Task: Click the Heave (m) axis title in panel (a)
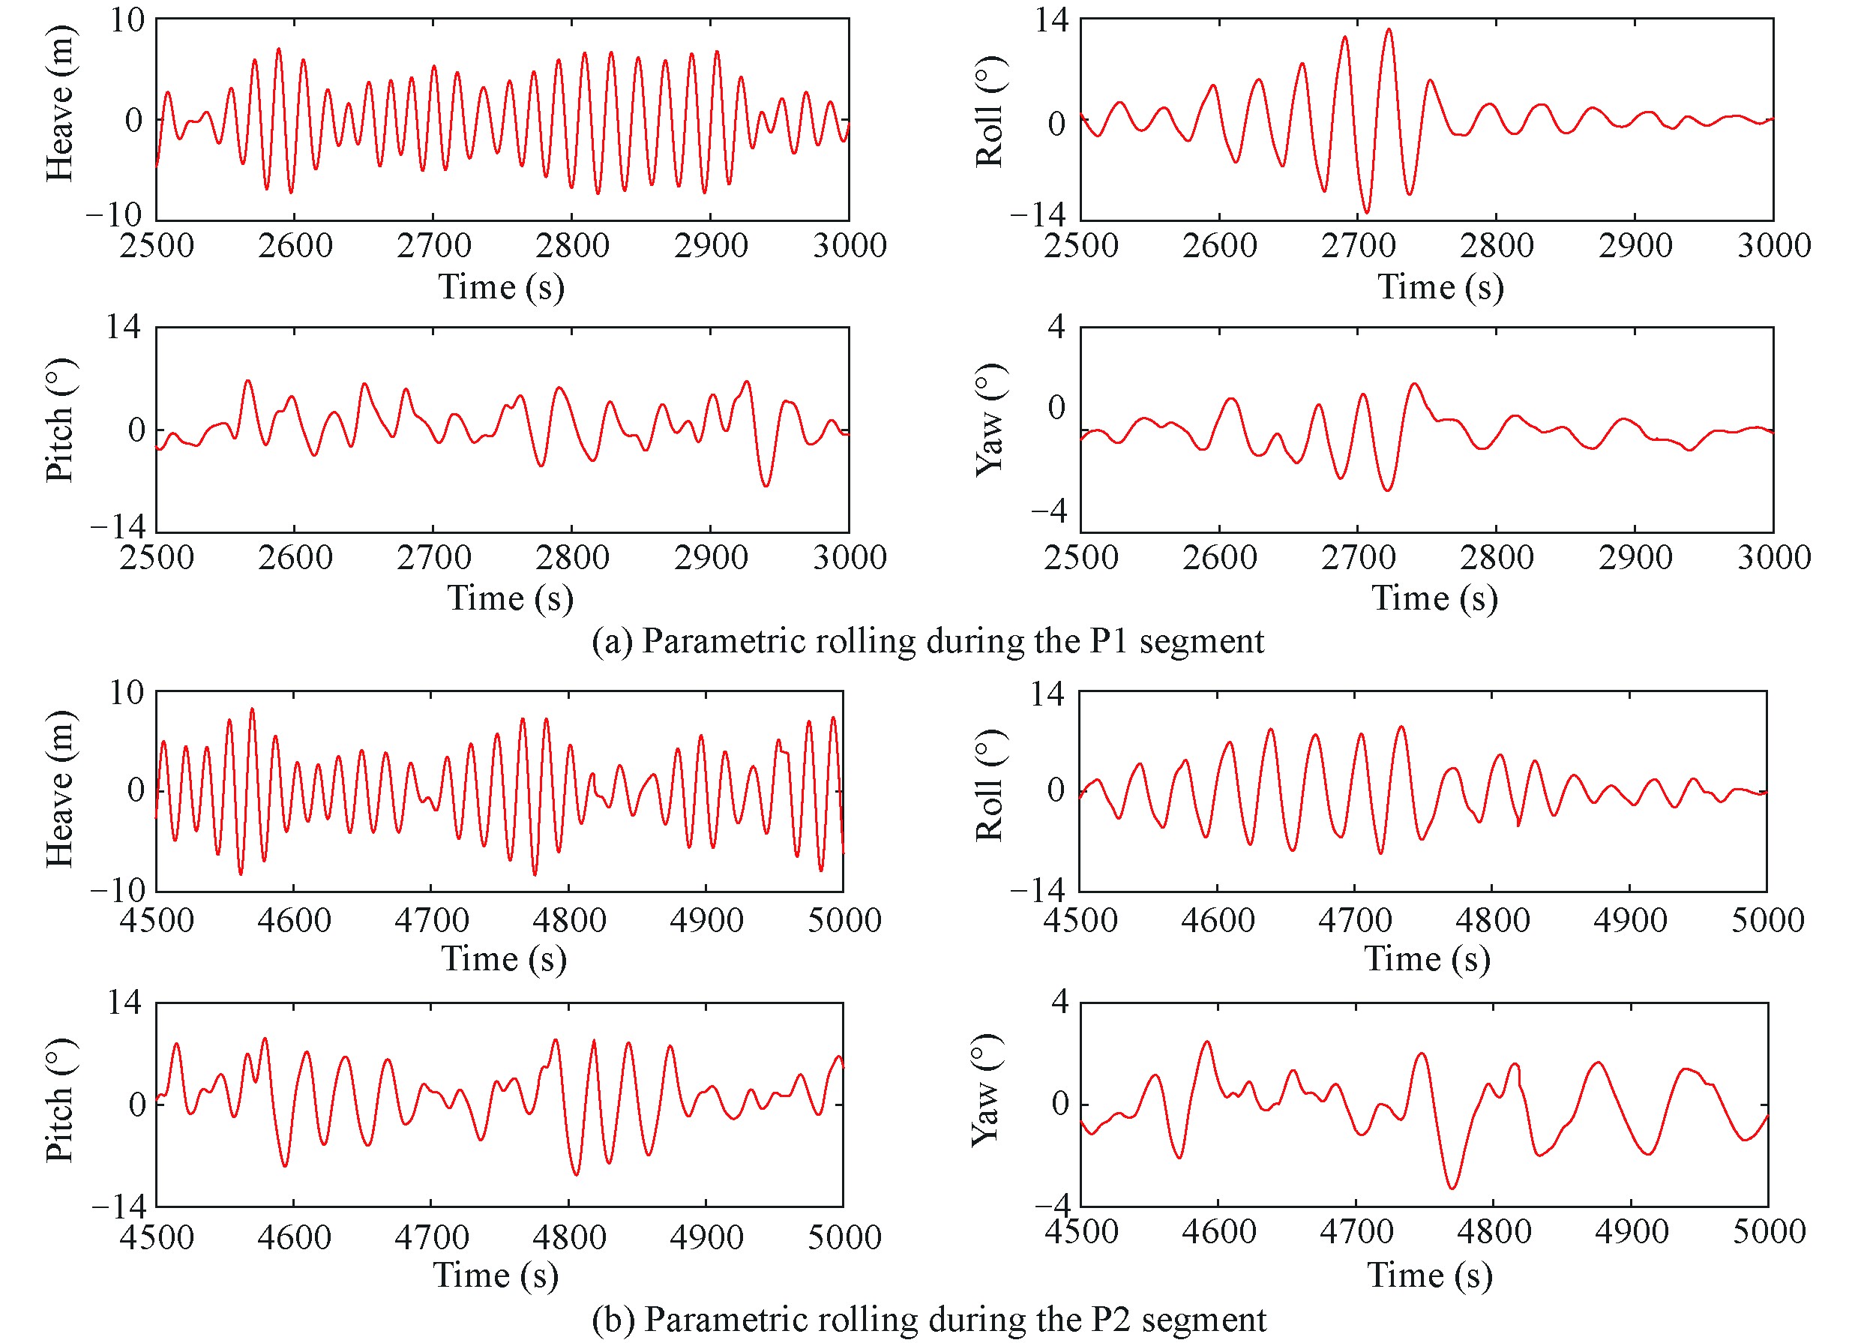point(59,103)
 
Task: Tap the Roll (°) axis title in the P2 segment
point(990,785)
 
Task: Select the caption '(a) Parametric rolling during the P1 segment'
point(928,640)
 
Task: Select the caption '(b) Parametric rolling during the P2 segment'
point(929,1319)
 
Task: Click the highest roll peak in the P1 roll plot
point(1389,29)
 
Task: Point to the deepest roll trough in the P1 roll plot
point(1366,212)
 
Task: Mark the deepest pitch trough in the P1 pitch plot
point(766,487)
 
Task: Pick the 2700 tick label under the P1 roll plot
point(1358,246)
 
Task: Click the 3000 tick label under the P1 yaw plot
point(1774,558)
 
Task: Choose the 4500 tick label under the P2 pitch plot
point(157,1238)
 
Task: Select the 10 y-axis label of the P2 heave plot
point(127,693)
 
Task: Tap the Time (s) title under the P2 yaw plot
point(1429,1276)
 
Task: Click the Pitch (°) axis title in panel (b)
point(59,1100)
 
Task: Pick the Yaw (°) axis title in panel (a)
point(990,419)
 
